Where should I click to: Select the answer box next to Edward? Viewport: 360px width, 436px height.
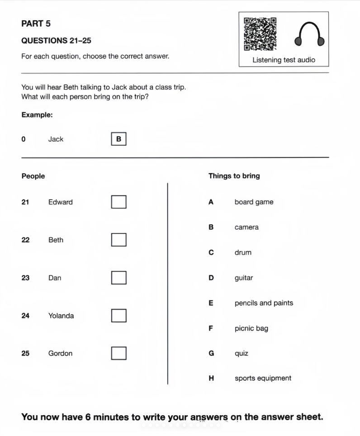[x=118, y=202]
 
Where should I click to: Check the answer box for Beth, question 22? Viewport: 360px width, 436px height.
[x=118, y=240]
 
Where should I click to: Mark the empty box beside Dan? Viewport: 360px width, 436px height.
[x=118, y=278]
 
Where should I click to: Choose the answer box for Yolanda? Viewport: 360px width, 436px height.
[x=118, y=315]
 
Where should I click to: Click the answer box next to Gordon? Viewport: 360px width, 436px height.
[x=118, y=353]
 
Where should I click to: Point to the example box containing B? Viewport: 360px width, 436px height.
[x=118, y=139]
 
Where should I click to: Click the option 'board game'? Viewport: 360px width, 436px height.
[x=254, y=202]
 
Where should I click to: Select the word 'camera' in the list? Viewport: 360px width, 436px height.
[x=246, y=227]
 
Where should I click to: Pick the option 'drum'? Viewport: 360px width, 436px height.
[x=243, y=252]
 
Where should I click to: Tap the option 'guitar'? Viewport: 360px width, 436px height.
[x=244, y=278]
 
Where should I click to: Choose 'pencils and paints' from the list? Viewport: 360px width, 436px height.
[x=264, y=303]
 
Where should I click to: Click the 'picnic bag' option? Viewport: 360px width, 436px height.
[x=251, y=328]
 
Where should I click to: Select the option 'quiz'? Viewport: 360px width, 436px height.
[x=242, y=353]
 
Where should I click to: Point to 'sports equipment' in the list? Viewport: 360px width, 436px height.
[x=263, y=378]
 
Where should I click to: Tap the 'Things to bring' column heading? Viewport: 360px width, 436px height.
[x=234, y=176]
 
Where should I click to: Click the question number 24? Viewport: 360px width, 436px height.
[x=25, y=316]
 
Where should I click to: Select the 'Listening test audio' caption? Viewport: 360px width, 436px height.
[x=284, y=60]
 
